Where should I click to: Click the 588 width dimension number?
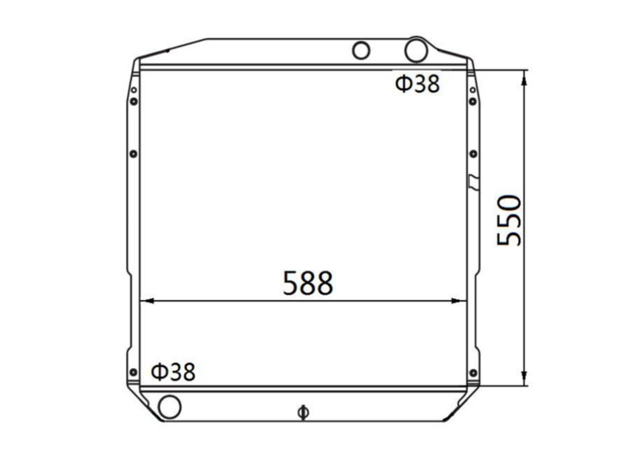(308, 283)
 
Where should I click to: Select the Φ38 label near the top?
(417, 84)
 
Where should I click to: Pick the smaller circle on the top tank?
(362, 50)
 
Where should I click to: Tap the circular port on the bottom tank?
(169, 406)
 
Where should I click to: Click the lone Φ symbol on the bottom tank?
(303, 412)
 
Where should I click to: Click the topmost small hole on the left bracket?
(134, 90)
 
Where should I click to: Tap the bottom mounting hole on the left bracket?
(133, 373)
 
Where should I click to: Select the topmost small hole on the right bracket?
(473, 90)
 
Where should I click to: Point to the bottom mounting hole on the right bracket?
(473, 373)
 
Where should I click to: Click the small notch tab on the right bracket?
(474, 181)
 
